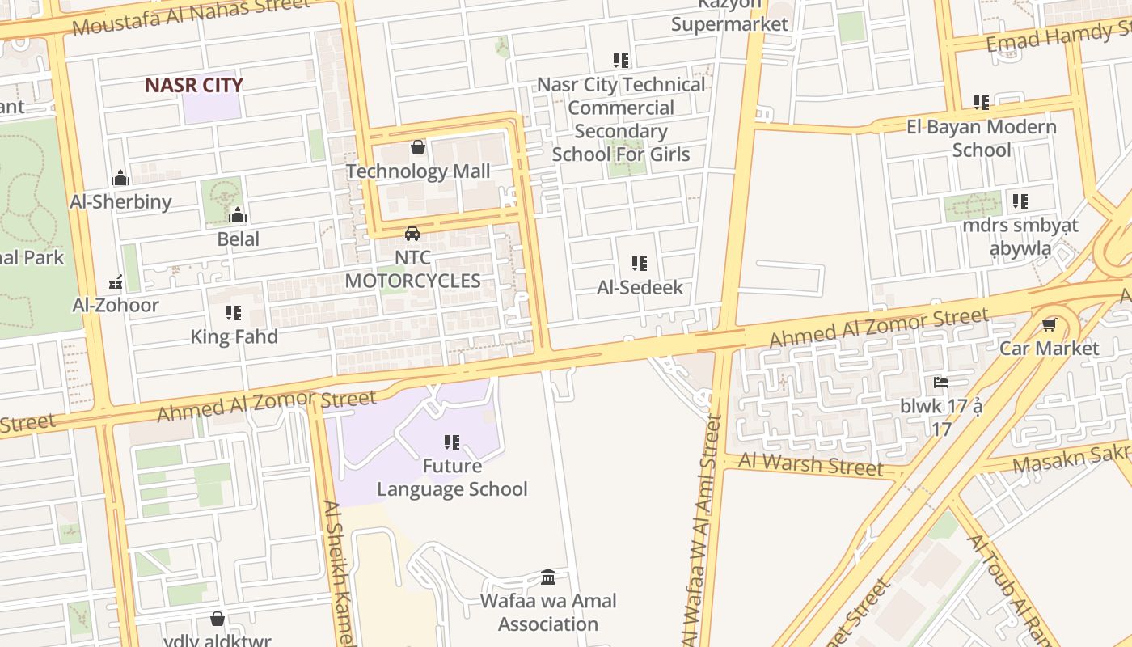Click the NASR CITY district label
(194, 85)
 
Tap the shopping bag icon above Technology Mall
(418, 147)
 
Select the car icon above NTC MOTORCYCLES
(412, 234)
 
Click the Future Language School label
(452, 477)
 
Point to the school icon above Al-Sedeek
(640, 264)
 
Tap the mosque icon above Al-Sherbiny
(120, 178)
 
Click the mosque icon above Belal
(238, 215)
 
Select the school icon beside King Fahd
(234, 313)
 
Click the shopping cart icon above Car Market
(1049, 325)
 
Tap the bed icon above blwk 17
(940, 383)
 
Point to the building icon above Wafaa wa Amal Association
(548, 577)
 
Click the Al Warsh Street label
(811, 464)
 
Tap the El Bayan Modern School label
(981, 138)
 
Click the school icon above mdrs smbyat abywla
(1020, 201)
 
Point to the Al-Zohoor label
(116, 305)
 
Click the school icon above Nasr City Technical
(621, 61)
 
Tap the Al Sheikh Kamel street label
(339, 570)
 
